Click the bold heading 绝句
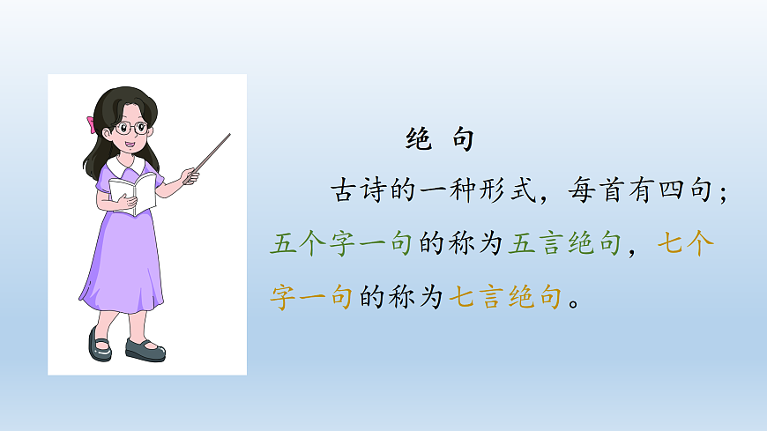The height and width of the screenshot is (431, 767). (x=440, y=138)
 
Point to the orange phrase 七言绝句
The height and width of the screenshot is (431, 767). (x=505, y=298)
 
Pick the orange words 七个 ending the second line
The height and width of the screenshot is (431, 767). (x=686, y=244)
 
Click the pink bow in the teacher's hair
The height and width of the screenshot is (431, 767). (x=91, y=124)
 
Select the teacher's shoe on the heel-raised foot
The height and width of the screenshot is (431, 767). (x=99, y=343)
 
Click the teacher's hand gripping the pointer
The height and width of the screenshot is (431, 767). (x=190, y=176)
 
